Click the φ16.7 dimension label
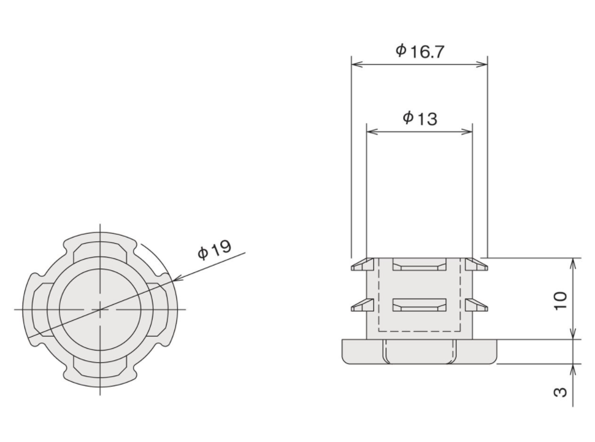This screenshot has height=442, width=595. pos(420,51)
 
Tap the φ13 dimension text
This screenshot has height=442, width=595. pos(420,118)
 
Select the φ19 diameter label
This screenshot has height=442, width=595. pos(215,250)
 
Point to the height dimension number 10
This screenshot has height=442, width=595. pos(561,301)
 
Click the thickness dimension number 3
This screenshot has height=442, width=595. pos(561,392)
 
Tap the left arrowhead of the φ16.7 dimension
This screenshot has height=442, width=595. pos(358,64)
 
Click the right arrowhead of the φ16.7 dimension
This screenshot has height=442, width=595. pos(481,64)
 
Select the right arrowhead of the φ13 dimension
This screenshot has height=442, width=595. pos(466,132)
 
